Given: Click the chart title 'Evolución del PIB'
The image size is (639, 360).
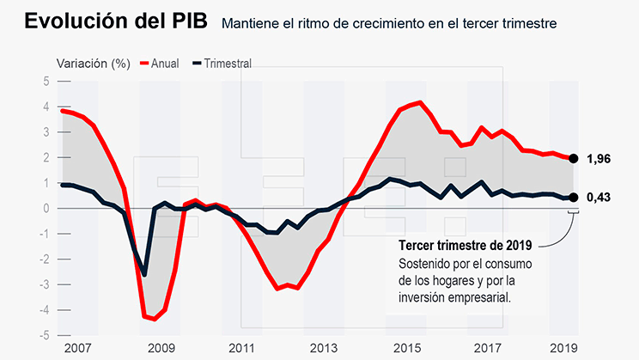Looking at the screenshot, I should tap(115, 21).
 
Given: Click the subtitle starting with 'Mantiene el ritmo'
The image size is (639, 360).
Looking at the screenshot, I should tap(389, 23).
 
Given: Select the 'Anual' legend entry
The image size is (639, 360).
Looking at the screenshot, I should tap(164, 63).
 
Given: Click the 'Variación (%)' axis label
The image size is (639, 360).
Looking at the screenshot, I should tap(93, 63).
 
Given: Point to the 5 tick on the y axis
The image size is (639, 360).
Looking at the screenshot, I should tap(46, 82).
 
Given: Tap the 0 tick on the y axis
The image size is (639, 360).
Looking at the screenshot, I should tap(46, 209).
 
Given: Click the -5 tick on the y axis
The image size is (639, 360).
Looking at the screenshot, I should tap(44, 335).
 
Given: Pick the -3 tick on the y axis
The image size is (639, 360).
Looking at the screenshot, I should tap(44, 284).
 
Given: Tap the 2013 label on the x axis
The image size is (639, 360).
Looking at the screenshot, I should tap(323, 348).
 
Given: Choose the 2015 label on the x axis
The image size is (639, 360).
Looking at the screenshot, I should tap(405, 348).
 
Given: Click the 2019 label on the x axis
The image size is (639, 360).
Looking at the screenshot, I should tap(564, 348).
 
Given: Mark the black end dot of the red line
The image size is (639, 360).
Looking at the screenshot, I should tap(574, 158).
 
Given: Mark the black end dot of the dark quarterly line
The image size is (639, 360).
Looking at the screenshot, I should tap(574, 198).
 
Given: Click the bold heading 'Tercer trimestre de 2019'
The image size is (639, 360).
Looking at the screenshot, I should tap(459, 246).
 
